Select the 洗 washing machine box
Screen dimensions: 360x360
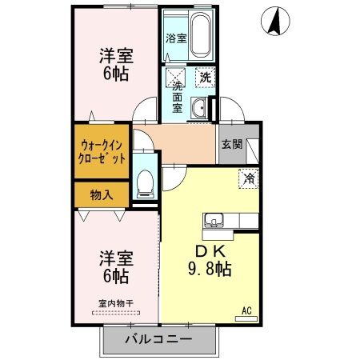click(205, 78)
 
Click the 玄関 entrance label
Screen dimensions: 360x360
click(231, 145)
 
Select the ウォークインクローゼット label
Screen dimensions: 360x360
click(102, 151)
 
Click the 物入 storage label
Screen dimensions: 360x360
click(101, 194)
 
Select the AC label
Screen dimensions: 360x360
click(246, 310)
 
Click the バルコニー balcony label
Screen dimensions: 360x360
click(158, 340)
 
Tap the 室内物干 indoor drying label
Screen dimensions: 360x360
click(115, 302)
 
